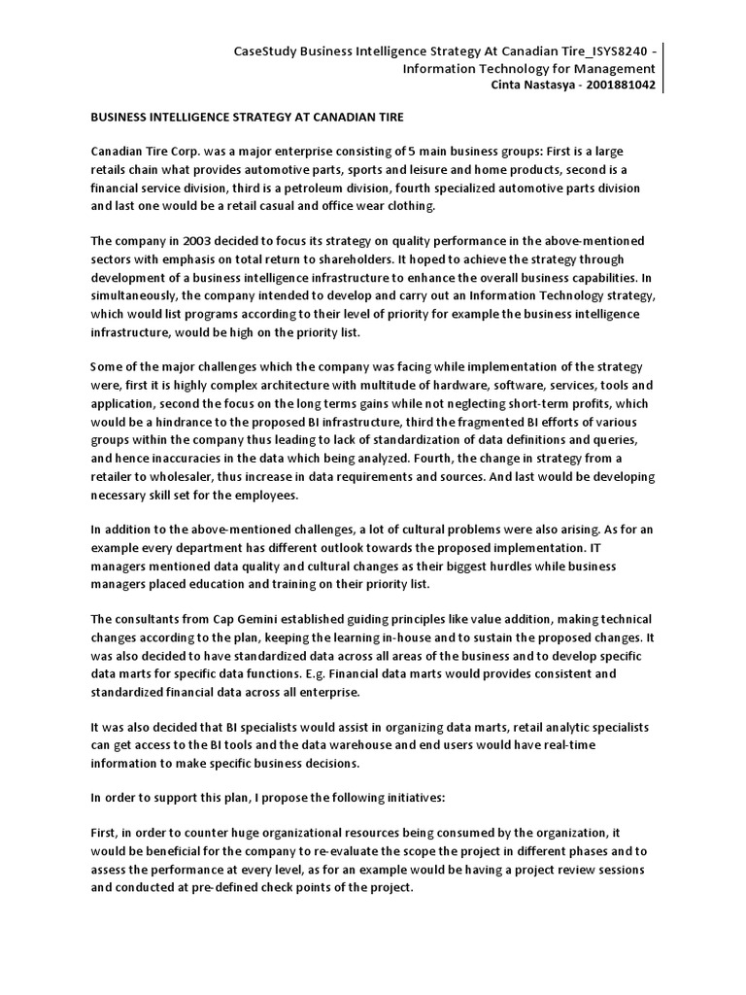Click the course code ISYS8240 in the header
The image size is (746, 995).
[611, 51]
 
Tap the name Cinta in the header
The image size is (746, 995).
[514, 86]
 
